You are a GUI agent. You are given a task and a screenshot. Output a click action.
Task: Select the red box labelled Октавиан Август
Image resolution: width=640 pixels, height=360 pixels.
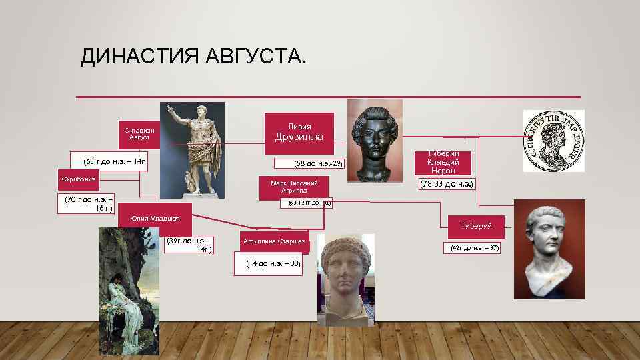tap(139, 133)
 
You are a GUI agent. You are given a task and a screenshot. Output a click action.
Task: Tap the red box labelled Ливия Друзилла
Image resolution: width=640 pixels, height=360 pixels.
tap(299, 132)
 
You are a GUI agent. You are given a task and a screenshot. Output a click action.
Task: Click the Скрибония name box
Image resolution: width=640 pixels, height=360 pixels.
tap(79, 179)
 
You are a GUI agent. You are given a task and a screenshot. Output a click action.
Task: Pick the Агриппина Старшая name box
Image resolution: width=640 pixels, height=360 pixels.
tap(275, 241)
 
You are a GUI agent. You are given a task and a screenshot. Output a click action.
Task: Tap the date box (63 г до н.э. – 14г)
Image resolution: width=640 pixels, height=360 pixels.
tap(110, 162)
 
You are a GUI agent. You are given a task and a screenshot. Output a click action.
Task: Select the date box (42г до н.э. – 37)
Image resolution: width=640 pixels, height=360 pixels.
tap(475, 248)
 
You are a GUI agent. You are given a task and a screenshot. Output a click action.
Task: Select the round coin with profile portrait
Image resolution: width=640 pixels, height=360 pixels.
tap(553, 141)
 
